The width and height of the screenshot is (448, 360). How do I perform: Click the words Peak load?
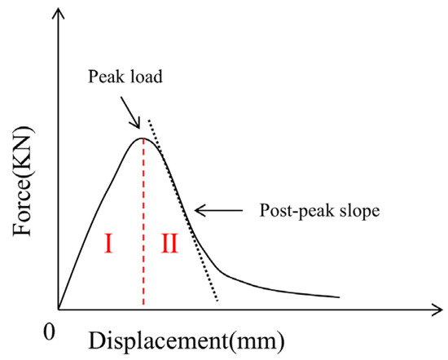point(125,77)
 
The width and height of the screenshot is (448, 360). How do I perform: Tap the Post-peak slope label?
point(319,211)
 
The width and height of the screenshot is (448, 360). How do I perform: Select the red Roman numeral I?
point(108,244)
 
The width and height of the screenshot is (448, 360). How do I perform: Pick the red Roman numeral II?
point(170,244)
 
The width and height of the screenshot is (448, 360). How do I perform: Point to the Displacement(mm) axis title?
point(187,340)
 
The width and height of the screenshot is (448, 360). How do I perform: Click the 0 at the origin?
point(49,332)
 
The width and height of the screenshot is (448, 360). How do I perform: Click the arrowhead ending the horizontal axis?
point(437,310)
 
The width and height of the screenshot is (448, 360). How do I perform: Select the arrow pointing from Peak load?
point(130,113)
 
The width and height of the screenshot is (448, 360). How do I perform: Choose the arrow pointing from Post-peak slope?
point(219,211)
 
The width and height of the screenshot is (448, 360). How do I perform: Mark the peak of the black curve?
point(143,138)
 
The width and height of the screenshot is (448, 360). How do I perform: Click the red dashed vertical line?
point(143,222)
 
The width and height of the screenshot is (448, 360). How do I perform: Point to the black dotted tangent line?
point(182,210)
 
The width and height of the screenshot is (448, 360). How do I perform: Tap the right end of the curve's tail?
point(340,297)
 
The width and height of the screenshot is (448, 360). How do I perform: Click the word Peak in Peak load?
point(103,77)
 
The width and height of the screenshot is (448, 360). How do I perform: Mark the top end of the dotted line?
point(148,120)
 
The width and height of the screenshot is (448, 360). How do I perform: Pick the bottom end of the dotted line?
point(217,301)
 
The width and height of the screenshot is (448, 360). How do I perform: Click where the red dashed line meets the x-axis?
point(143,310)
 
